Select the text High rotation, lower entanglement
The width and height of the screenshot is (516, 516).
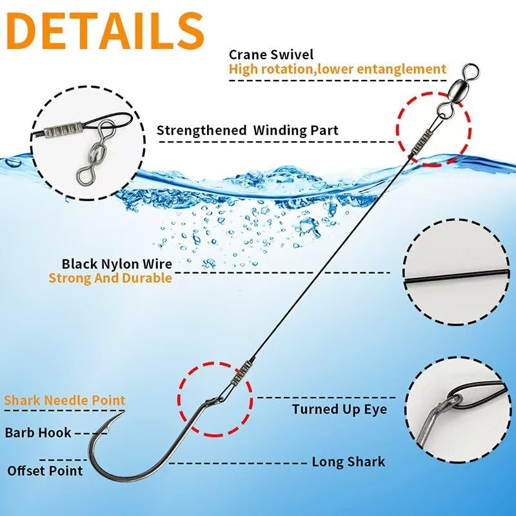click(x=337, y=68)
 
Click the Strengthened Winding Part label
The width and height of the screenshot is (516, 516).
click(x=248, y=130)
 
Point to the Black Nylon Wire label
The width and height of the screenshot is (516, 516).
click(x=117, y=264)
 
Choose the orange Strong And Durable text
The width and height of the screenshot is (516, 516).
click(x=110, y=279)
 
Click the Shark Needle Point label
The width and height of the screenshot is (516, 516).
click(x=64, y=401)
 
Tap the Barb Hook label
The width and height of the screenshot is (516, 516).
click(x=38, y=432)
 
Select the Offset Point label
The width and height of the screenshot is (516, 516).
click(x=45, y=470)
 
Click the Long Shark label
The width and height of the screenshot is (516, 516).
click(x=348, y=462)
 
